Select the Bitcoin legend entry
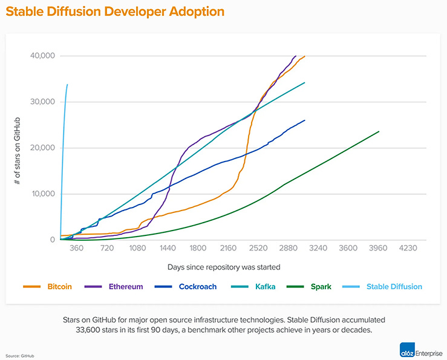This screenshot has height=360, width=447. [x=59, y=286]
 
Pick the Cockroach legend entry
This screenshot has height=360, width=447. [x=195, y=286]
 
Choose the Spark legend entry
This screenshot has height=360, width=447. [x=320, y=286]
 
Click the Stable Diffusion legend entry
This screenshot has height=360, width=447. [x=394, y=286]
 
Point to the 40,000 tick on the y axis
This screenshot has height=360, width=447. [x=42, y=56]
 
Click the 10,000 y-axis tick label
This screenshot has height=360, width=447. [x=42, y=194]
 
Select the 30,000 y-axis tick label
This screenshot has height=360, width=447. [x=42, y=102]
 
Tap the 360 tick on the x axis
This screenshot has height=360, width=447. [x=77, y=248]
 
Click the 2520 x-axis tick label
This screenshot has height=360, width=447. [x=258, y=248]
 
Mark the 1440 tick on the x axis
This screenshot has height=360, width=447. [x=168, y=248]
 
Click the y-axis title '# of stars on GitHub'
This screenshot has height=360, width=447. [x=19, y=148]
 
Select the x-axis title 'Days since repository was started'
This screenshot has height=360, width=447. [x=224, y=266]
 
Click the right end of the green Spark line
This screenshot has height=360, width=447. [x=379, y=131]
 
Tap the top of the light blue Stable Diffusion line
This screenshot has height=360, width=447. [x=67, y=85]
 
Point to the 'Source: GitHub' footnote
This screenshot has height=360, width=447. [x=21, y=356]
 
